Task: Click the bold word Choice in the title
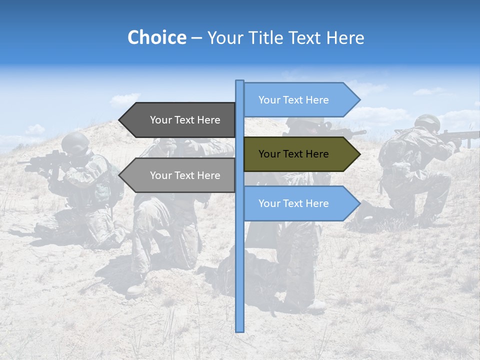click(x=156, y=37)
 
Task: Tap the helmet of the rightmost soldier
click(x=427, y=122)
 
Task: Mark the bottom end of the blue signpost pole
click(x=240, y=330)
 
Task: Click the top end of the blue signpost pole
click(x=240, y=81)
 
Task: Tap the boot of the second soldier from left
click(x=136, y=289)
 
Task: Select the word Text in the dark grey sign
click(x=185, y=120)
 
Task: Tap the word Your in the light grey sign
click(x=161, y=175)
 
